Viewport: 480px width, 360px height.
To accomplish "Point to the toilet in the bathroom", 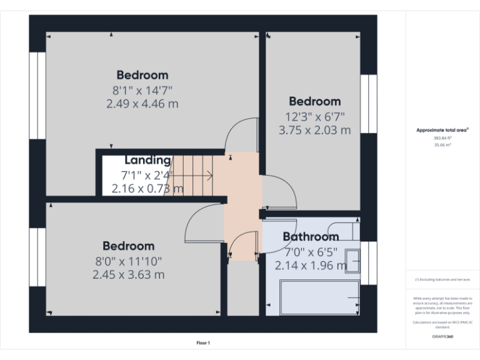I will point(346,231).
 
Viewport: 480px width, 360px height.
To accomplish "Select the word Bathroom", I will point(311,237).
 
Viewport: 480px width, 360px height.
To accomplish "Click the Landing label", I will point(147,160).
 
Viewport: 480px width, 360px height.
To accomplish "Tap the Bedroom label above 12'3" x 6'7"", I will point(314,101).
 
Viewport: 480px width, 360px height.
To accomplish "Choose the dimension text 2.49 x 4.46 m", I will point(142,104).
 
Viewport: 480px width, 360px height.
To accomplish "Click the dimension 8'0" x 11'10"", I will point(128,261).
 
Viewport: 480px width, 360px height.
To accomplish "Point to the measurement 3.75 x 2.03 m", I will point(314,130).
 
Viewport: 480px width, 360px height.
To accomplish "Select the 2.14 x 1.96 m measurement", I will point(311,266).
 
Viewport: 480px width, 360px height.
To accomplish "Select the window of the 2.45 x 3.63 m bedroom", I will point(37,257).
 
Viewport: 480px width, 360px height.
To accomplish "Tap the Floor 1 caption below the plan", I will point(203,342).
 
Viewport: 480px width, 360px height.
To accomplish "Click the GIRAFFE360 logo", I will point(442,337).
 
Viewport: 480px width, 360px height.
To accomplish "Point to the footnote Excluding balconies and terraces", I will point(442,280).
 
